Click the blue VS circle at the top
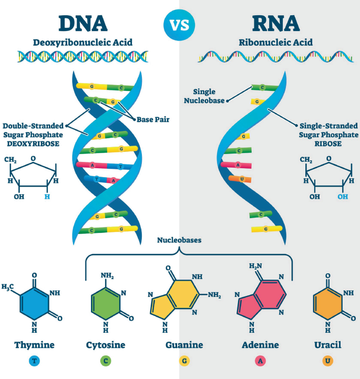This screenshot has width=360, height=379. (x=179, y=24)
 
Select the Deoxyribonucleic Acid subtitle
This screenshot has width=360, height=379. (x=83, y=42)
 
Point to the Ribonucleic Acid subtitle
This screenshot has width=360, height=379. (x=275, y=42)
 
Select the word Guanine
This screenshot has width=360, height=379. (x=181, y=345)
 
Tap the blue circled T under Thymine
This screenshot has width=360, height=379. (x=34, y=362)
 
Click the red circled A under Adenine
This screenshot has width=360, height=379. (x=260, y=362)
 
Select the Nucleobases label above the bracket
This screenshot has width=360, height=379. (x=180, y=241)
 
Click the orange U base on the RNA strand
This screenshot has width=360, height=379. (x=242, y=179)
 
